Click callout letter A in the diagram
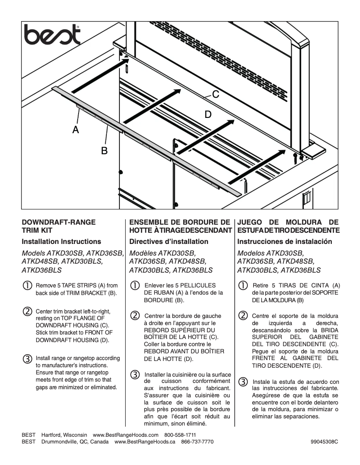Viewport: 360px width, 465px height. point(76,130)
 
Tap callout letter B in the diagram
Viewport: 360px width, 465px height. point(104,151)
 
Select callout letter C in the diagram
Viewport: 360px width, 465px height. point(215,95)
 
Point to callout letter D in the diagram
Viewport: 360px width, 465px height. point(208,114)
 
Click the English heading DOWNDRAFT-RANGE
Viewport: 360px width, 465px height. point(58,222)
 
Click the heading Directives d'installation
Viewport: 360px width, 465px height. point(169,242)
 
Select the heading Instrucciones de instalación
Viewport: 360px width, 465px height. point(285,242)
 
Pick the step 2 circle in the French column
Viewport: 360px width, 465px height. point(135,315)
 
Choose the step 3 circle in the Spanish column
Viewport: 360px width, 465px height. point(243,382)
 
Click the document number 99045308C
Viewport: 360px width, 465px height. point(324,442)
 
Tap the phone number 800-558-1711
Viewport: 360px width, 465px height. point(180,435)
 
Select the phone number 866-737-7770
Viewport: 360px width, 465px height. point(197,442)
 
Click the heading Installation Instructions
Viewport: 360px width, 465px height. point(61,242)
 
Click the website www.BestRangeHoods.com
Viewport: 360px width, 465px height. point(126,435)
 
